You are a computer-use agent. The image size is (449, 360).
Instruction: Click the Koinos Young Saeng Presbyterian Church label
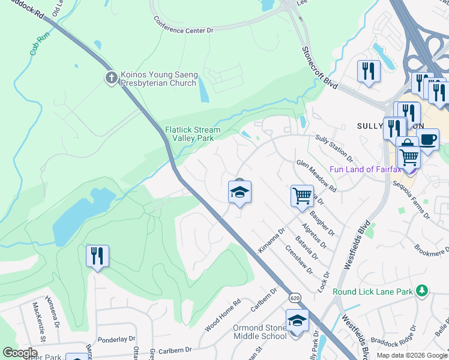tap(158, 79)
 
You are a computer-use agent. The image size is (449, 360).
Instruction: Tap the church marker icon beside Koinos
tap(110, 77)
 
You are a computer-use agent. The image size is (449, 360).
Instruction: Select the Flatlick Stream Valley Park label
tap(193, 134)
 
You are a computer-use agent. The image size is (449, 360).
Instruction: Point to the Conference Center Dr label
tap(183, 25)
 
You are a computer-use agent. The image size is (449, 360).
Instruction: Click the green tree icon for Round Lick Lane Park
tap(423, 290)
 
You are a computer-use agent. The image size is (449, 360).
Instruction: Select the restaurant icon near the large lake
tap(97, 256)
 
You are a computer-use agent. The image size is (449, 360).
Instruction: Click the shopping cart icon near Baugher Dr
tap(301, 195)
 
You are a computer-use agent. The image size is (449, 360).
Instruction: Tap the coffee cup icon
tap(428, 139)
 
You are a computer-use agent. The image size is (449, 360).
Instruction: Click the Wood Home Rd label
tap(222, 315)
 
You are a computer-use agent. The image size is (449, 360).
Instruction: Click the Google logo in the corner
tap(20, 353)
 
